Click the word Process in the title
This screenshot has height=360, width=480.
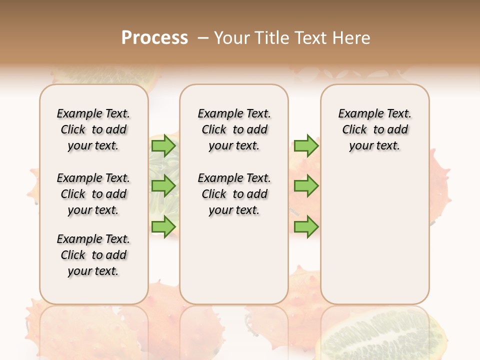(154, 38)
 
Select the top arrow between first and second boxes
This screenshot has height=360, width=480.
(163, 145)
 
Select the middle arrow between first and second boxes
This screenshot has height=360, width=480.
(163, 186)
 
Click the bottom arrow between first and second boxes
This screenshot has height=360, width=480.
(163, 226)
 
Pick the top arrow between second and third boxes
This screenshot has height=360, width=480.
(306, 145)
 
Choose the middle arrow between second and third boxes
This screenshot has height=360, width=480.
(306, 186)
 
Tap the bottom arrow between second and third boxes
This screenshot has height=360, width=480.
(306, 226)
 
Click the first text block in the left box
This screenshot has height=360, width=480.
(93, 129)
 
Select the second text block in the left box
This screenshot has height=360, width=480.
(93, 194)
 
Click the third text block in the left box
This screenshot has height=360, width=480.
(93, 255)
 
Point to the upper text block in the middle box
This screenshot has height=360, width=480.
(234, 129)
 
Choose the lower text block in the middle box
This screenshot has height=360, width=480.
(234, 194)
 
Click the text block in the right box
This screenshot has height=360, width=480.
(374, 129)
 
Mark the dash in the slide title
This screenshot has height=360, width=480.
(203, 38)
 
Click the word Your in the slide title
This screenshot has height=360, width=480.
(231, 38)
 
